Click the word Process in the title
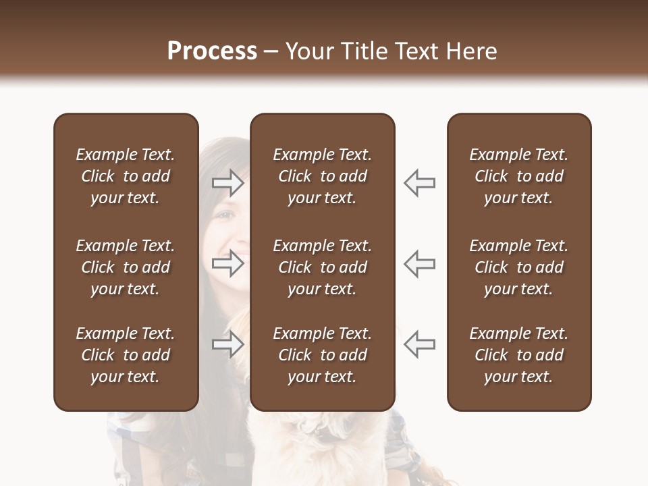point(212,51)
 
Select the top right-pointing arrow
point(227,183)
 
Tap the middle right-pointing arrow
point(227,263)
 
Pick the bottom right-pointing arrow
point(227,345)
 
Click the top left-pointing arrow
point(419,183)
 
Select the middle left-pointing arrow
point(419,263)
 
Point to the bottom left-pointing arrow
point(419,345)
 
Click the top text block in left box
point(126,176)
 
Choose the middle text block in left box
point(126,267)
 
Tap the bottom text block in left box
point(126,355)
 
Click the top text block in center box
point(322,176)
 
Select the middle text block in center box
point(322,267)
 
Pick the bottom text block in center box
point(322,355)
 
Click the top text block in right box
point(518,176)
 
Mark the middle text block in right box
point(518,267)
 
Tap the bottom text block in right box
point(518,355)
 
